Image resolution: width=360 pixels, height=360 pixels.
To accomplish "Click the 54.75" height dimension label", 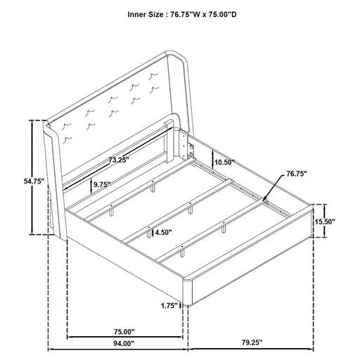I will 33,181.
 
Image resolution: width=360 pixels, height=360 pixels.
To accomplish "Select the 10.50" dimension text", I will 225,162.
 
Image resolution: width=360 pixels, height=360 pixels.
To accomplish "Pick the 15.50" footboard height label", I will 324,221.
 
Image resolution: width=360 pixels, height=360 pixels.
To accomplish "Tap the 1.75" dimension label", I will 167,305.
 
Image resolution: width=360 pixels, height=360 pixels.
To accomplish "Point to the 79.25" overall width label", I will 248,342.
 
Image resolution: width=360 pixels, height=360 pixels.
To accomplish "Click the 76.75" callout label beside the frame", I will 297,172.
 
